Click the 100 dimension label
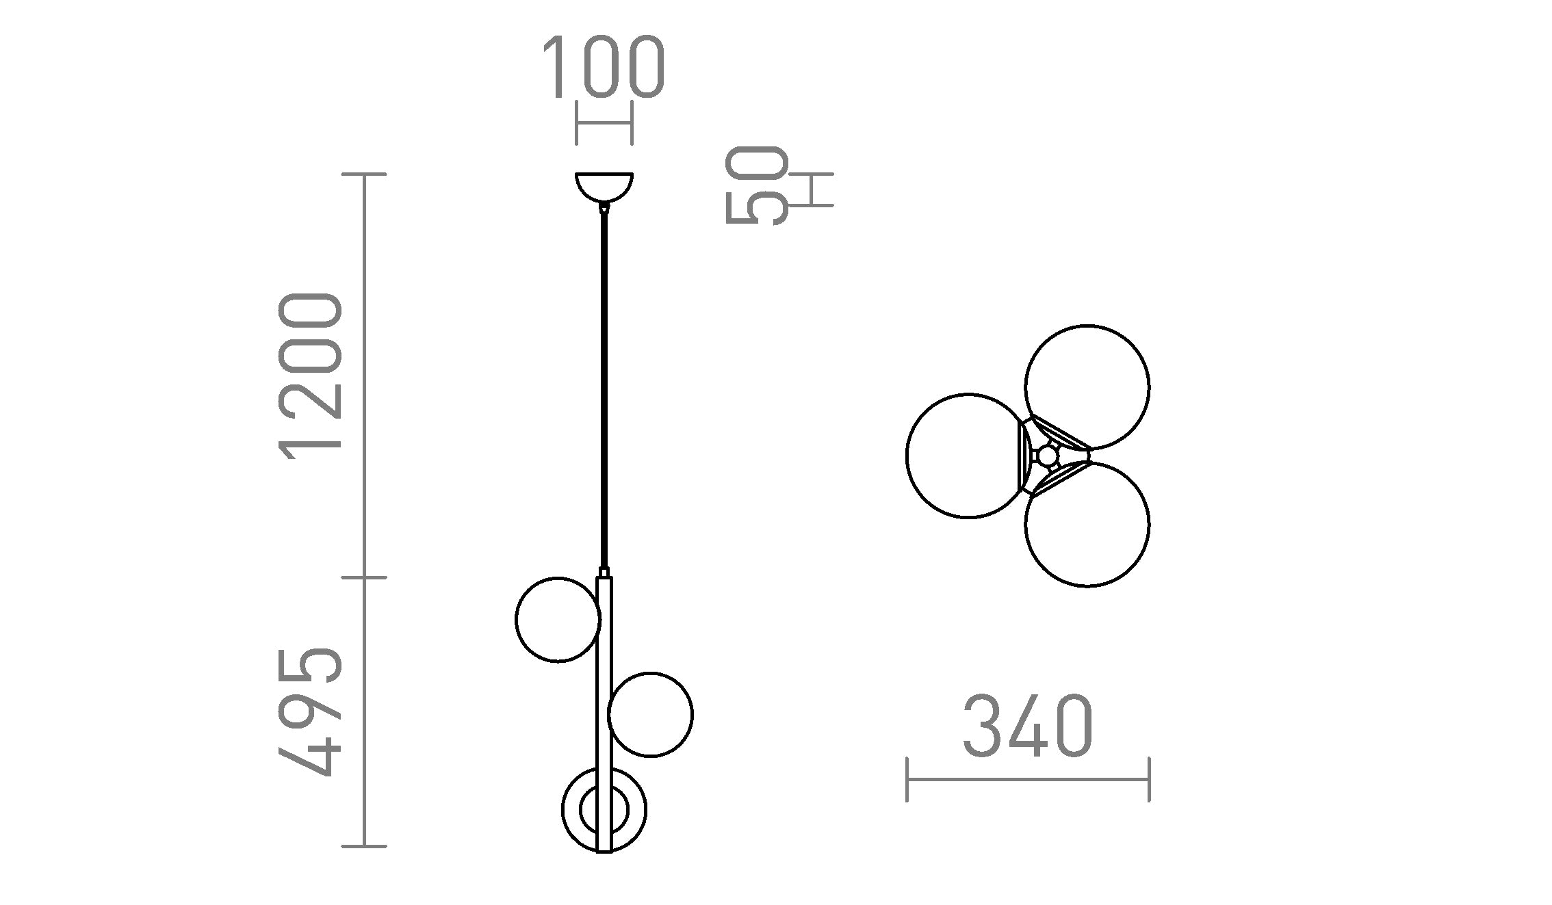(604, 67)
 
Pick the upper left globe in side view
(558, 620)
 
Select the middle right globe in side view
(650, 715)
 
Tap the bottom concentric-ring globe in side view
(604, 810)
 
